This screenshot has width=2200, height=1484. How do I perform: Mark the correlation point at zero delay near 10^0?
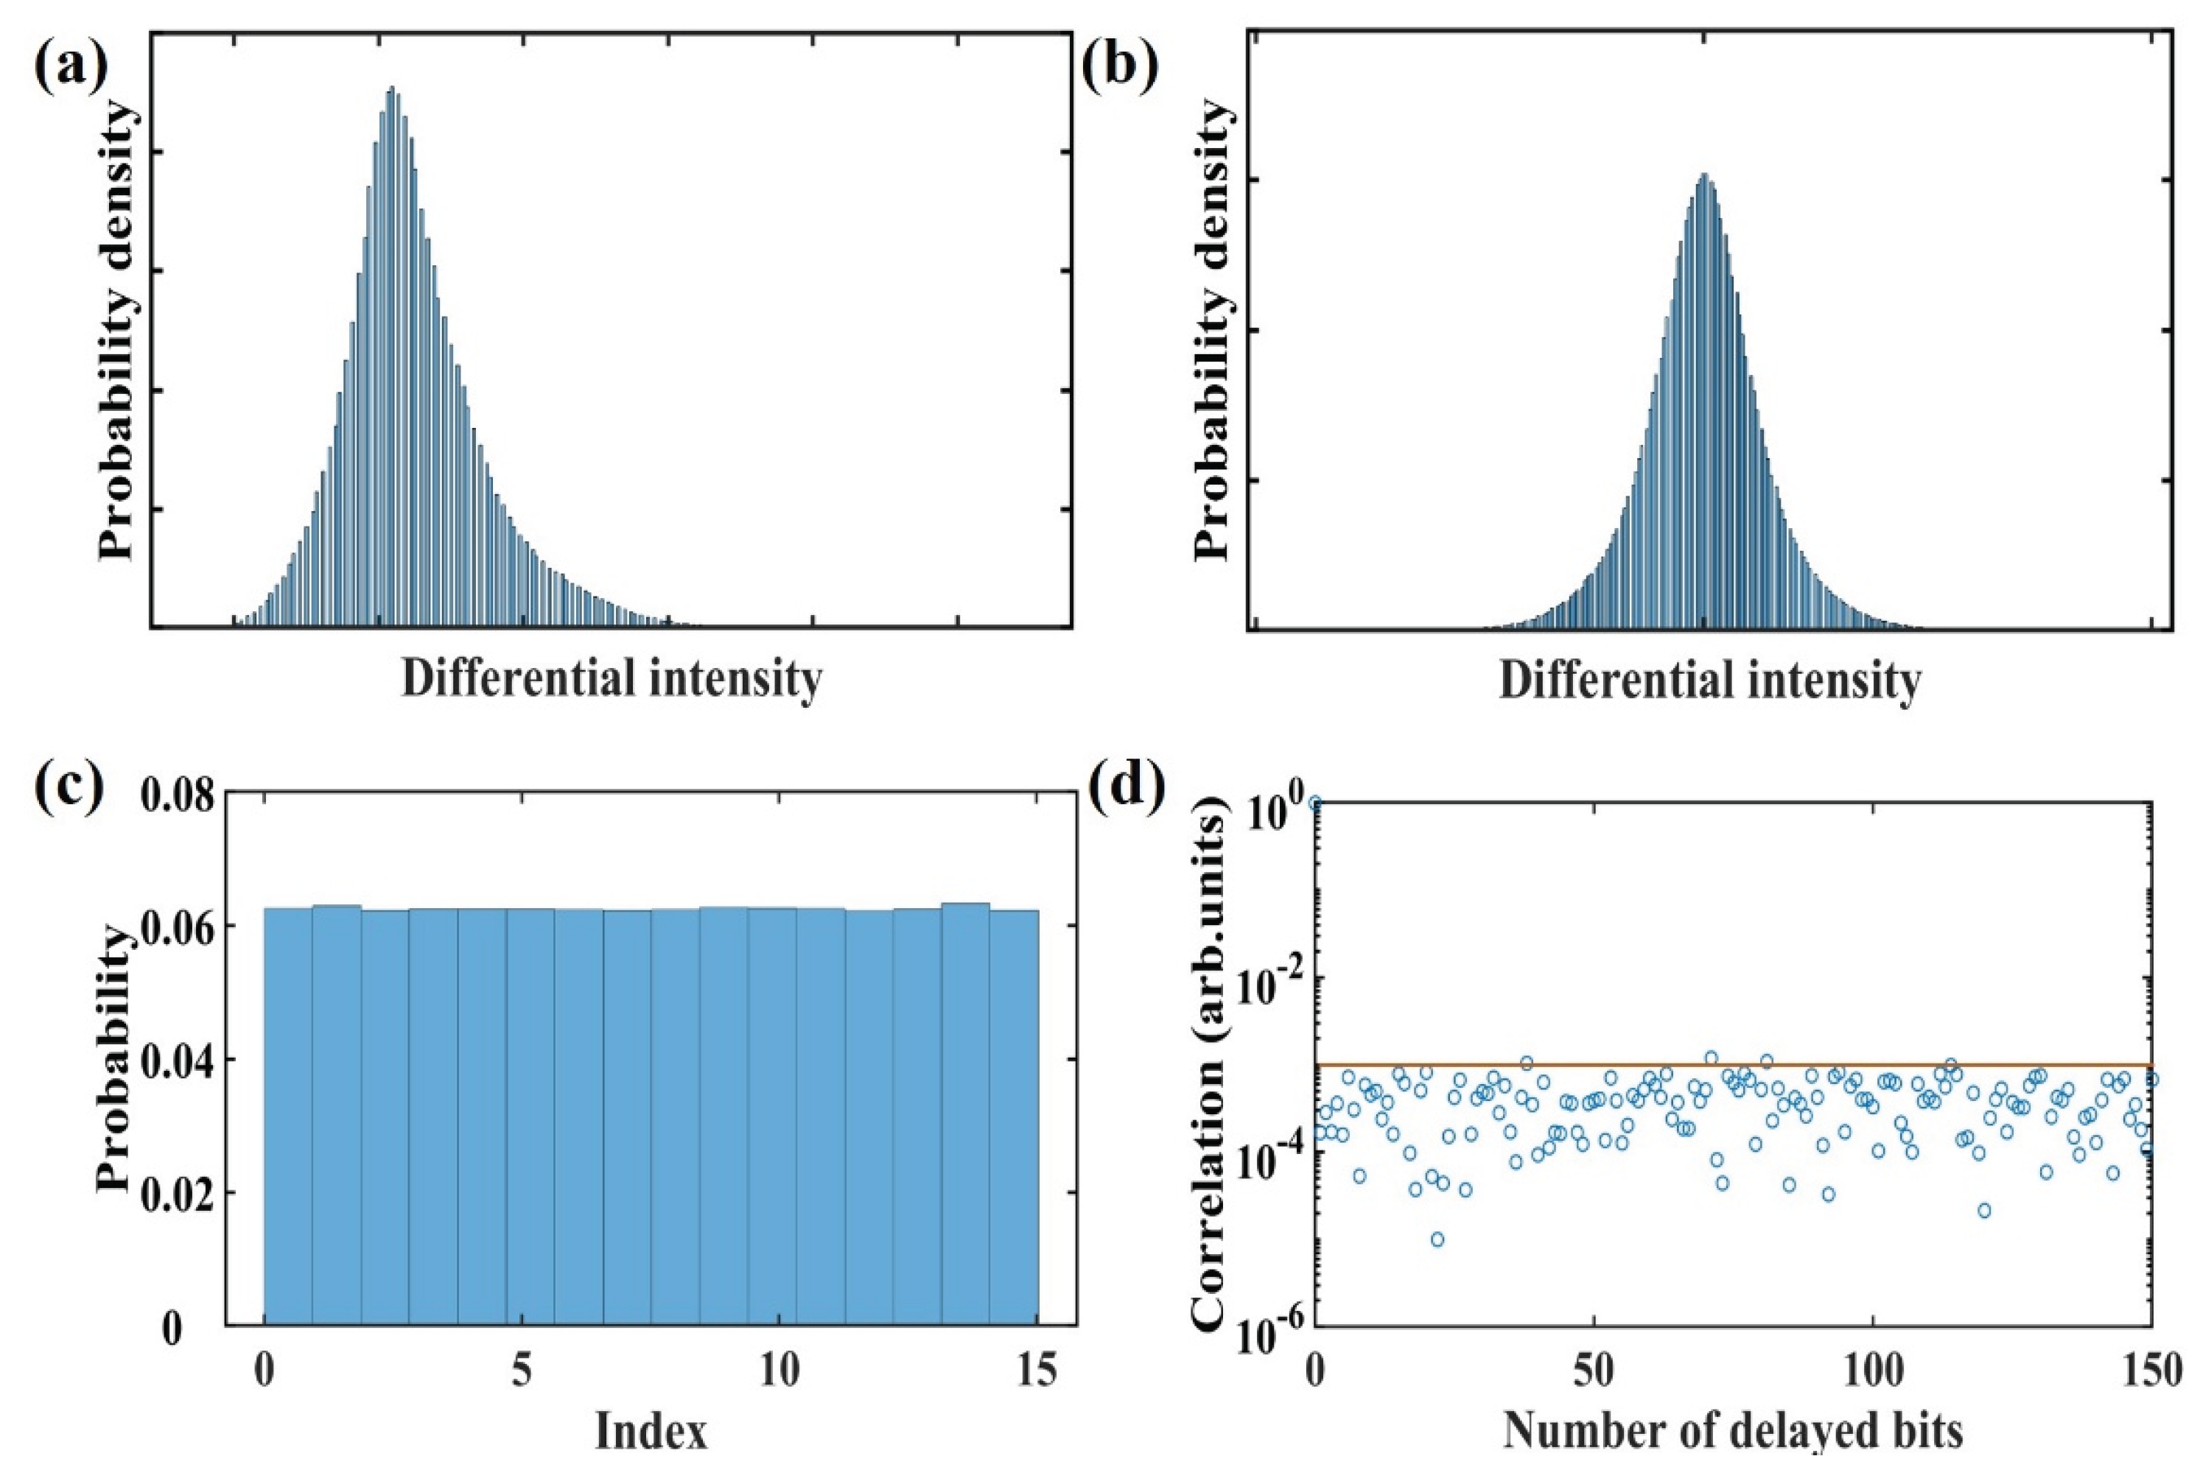coord(1315,803)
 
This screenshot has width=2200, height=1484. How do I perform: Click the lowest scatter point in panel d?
coord(1437,1239)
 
